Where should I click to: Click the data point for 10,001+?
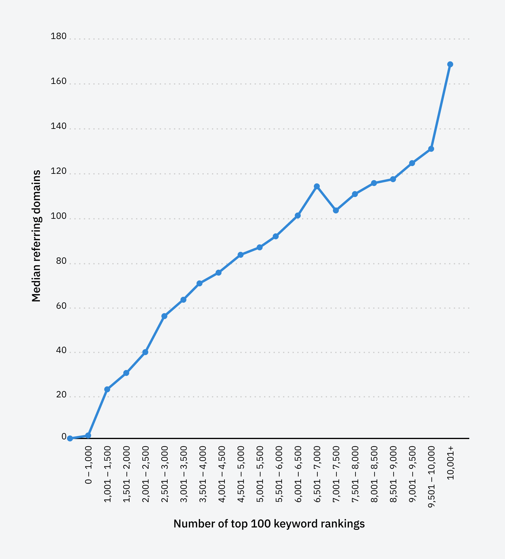click(450, 64)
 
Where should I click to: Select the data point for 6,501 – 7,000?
click(317, 186)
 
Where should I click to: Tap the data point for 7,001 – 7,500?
click(336, 210)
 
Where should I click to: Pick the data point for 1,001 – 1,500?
click(107, 389)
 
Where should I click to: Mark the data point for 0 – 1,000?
click(88, 435)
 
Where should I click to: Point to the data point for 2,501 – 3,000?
click(164, 316)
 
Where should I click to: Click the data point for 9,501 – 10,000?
click(431, 149)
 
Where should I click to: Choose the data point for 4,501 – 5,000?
click(241, 255)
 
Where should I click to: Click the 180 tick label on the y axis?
click(58, 36)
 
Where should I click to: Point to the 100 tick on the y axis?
click(58, 216)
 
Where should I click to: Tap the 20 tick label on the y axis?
click(61, 395)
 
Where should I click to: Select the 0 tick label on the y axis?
click(64, 436)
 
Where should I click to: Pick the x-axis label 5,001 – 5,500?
click(260, 474)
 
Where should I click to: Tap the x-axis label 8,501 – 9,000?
click(393, 474)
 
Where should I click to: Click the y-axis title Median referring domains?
click(36, 236)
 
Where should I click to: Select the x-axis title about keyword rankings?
click(269, 524)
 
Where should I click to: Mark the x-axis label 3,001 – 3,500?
click(184, 474)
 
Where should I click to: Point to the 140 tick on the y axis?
click(58, 126)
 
